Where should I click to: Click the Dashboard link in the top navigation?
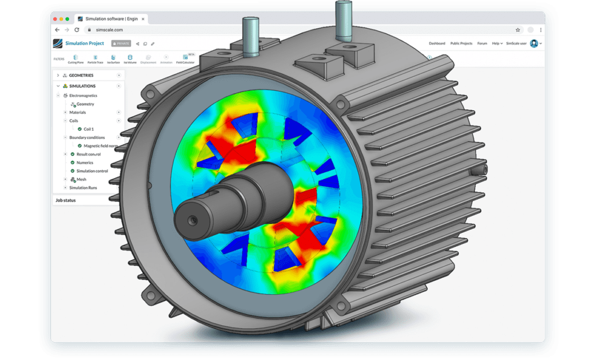click(436, 43)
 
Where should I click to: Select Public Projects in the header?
click(461, 43)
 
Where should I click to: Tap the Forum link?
click(482, 43)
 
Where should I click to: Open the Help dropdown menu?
click(497, 43)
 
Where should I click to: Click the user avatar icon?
click(534, 43)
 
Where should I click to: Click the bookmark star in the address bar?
click(517, 29)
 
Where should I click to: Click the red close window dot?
click(58, 18)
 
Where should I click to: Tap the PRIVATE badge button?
click(121, 43)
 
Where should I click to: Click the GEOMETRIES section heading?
click(81, 75)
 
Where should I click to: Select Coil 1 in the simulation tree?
click(88, 129)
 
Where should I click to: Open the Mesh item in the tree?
click(81, 180)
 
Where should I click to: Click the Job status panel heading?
click(65, 200)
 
